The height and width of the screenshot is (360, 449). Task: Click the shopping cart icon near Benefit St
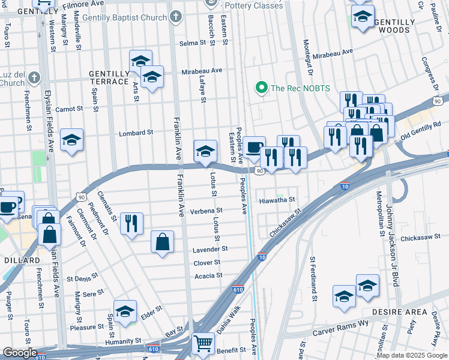coord(203,344)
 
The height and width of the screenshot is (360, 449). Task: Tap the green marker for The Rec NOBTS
coord(261,88)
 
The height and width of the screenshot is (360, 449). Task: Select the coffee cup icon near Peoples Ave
coord(254,147)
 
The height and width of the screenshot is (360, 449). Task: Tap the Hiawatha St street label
coord(277,200)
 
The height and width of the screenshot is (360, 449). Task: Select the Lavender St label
coord(210,249)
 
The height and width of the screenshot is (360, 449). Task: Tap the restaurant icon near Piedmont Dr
coord(131,223)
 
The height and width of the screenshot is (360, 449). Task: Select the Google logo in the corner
coord(20,353)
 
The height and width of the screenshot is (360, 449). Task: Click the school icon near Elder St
coord(125,311)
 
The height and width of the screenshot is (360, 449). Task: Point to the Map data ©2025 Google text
coord(411,355)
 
